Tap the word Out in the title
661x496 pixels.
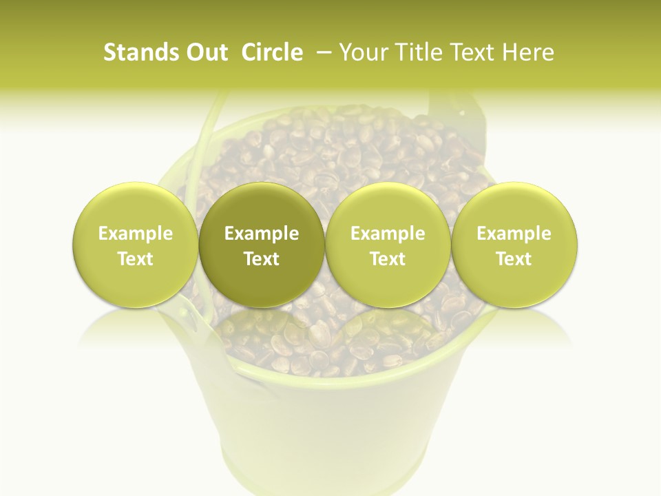204,52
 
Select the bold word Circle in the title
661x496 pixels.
272,52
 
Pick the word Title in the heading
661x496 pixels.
419,52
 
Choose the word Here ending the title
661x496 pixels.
527,52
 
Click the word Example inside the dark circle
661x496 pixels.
262,234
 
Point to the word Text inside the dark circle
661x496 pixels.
262,259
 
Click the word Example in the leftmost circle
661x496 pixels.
136,234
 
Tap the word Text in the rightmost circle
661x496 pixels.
514,259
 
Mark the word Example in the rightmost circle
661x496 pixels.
514,234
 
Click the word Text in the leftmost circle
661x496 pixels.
136,259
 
